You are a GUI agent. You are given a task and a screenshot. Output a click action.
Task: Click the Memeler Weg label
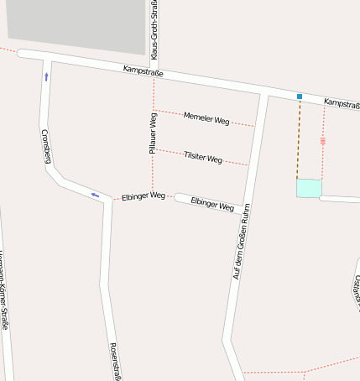206,119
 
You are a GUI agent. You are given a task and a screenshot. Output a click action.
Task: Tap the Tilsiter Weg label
202,158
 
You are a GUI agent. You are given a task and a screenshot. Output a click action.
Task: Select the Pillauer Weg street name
153,133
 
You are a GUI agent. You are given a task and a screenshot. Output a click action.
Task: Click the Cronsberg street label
46,145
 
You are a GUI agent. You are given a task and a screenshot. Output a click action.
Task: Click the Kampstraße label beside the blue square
341,102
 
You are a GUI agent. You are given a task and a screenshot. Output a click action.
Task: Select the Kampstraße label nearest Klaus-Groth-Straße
143,72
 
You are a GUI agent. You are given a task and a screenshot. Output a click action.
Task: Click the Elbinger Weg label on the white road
212,203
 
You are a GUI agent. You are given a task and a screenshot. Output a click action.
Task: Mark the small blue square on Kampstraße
299,97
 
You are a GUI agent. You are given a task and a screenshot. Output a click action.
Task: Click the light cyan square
309,189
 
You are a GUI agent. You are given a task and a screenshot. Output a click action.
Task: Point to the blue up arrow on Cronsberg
46,76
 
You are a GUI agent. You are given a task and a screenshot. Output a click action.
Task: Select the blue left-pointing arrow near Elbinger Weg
95,196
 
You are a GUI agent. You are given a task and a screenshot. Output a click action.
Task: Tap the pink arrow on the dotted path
323,141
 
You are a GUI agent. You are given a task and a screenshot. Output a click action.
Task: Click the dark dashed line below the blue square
298,138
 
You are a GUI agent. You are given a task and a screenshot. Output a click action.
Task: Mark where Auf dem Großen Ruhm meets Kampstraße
264,92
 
